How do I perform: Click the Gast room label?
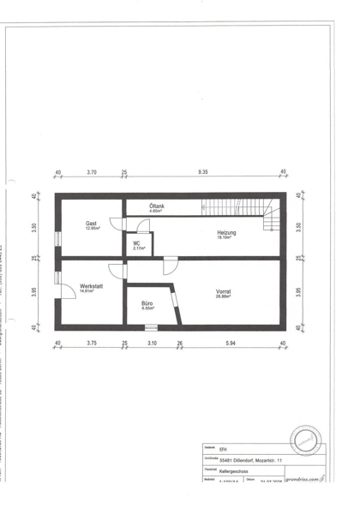click(x=91, y=224)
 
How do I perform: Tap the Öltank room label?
click(x=157, y=206)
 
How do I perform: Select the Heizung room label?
click(x=227, y=233)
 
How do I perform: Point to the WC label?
click(x=135, y=243)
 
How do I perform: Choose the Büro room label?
click(x=147, y=302)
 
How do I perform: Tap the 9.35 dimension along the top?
click(x=203, y=173)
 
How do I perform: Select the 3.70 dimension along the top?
click(x=92, y=173)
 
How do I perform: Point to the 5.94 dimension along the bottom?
click(x=229, y=344)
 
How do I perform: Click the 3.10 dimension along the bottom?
click(x=152, y=344)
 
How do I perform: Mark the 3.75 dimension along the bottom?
click(x=92, y=344)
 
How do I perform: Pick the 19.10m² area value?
click(x=227, y=238)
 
